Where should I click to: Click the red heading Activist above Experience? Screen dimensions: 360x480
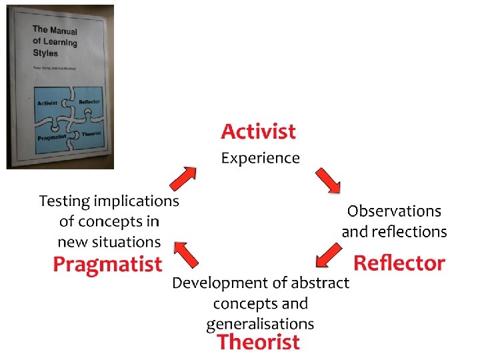[258, 131]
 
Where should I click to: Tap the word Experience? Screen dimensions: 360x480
[260, 158]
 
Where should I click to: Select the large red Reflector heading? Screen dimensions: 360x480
[399, 263]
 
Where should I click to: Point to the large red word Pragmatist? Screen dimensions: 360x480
[107, 265]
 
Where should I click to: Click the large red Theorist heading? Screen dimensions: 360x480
[259, 342]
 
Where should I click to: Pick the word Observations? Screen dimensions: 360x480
[394, 211]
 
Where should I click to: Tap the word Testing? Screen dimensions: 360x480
[65, 201]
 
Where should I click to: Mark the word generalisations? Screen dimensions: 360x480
[260, 324]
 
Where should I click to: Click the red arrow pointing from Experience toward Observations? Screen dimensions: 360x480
[328, 180]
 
